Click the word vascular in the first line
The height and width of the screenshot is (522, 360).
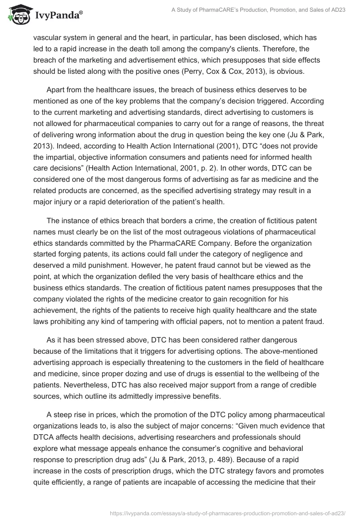(47, 37)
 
